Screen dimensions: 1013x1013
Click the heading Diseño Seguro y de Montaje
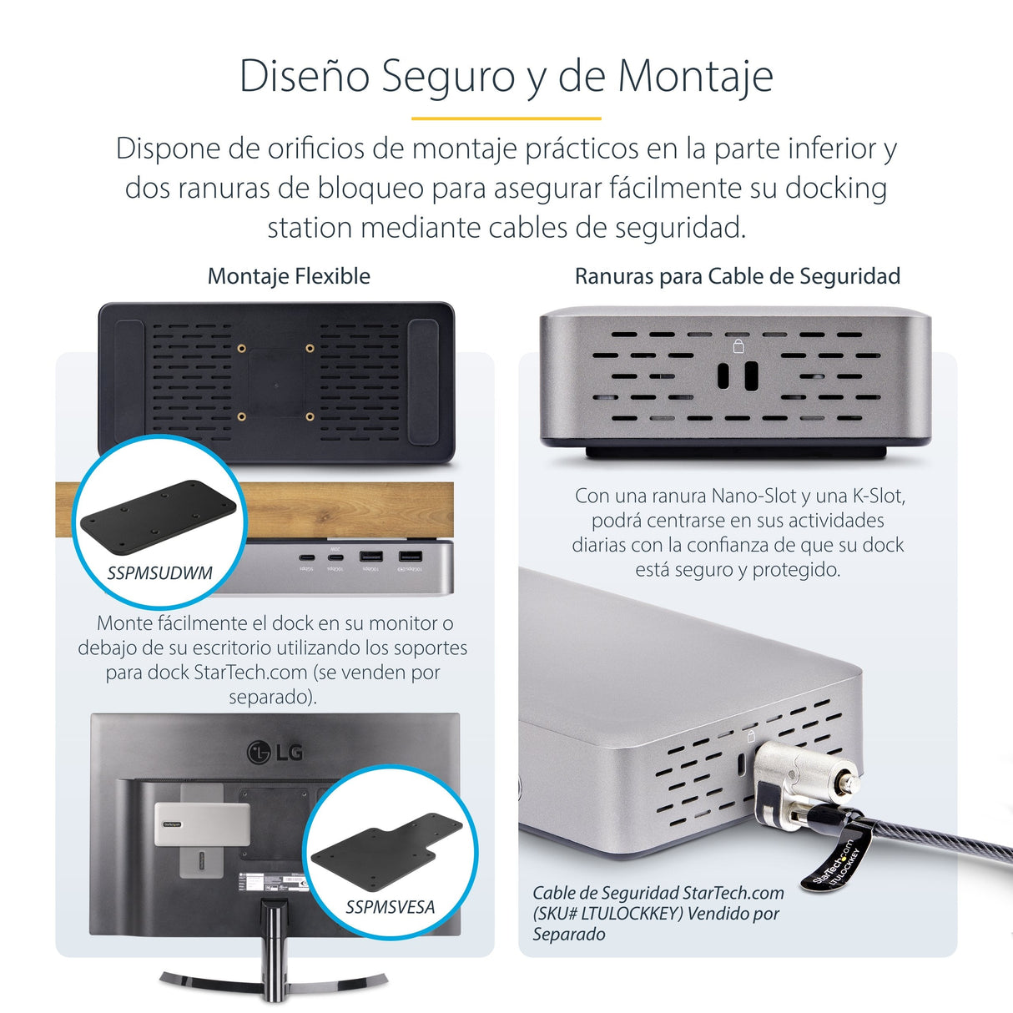click(506, 76)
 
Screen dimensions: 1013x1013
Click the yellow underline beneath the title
click(506, 118)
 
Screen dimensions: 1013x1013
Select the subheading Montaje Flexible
click(289, 276)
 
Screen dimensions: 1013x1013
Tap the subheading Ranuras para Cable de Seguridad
click(737, 276)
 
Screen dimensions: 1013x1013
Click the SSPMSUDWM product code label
click(159, 573)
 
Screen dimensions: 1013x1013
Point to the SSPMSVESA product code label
click(390, 907)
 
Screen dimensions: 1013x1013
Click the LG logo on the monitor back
click(275, 753)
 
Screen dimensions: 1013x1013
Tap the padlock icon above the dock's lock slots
click(738, 345)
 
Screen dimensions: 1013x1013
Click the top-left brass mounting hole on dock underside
click(241, 348)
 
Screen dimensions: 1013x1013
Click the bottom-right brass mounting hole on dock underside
click(310, 416)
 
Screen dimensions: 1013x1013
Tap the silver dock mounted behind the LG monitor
click(202, 824)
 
